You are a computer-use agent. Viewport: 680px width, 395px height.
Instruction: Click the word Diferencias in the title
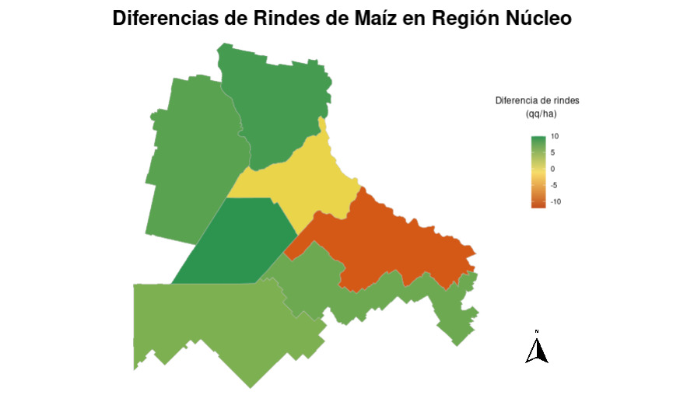point(164,19)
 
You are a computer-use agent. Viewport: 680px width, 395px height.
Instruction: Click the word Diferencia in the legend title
point(520,101)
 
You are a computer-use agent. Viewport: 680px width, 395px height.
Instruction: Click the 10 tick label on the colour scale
point(555,136)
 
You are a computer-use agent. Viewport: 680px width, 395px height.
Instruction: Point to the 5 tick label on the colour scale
point(552,152)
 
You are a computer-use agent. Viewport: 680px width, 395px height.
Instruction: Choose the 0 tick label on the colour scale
point(552,169)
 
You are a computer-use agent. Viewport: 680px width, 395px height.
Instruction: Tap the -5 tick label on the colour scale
point(554,185)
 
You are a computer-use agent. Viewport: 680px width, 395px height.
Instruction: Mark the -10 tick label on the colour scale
point(556,201)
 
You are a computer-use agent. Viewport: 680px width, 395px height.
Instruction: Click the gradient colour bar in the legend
point(538,172)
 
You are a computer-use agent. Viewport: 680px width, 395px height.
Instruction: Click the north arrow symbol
point(536,350)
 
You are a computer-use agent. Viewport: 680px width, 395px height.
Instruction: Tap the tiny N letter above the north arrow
point(536,331)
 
